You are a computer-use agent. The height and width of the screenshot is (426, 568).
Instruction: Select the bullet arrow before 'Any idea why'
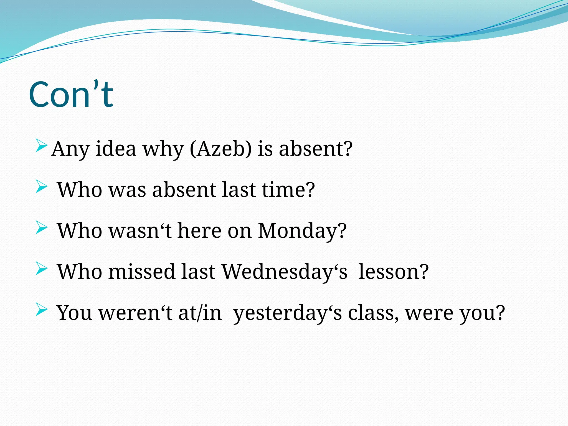pyautogui.click(x=41, y=146)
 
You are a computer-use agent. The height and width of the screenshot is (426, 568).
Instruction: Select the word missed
pyautogui.click(x=142, y=272)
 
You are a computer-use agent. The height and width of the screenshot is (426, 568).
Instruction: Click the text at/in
pyautogui.click(x=200, y=313)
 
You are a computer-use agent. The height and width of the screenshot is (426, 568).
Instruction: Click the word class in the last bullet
pyautogui.click(x=373, y=313)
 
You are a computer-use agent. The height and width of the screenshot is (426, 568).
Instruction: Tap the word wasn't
pyautogui.click(x=140, y=231)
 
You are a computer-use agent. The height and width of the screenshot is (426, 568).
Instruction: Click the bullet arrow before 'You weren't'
pyautogui.click(x=41, y=310)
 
